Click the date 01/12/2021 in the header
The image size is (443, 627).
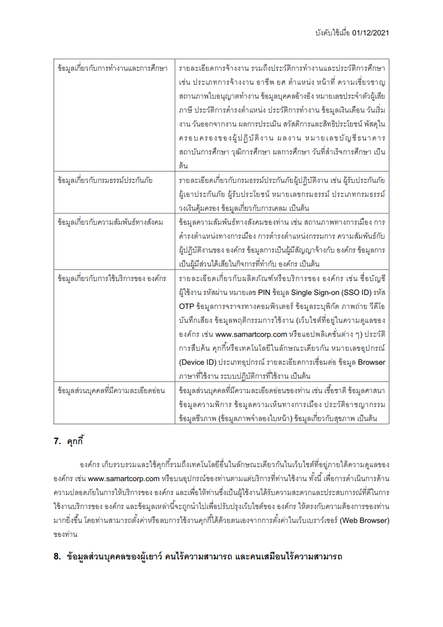pyautogui.click(x=371, y=33)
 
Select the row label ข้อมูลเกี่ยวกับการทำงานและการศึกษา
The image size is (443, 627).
pyautogui.click(x=112, y=69)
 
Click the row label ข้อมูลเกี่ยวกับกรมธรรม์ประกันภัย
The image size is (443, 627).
pyautogui.click(x=105, y=180)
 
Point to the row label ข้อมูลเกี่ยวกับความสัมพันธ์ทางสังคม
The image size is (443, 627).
pyautogui.click(x=110, y=222)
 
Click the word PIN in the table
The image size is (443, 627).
pyautogui.click(x=264, y=292)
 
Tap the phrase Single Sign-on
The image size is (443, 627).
pyautogui.click(x=312, y=292)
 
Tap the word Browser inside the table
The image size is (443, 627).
pyautogui.click(x=372, y=362)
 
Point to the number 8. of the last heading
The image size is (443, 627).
pyautogui.click(x=57, y=556)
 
